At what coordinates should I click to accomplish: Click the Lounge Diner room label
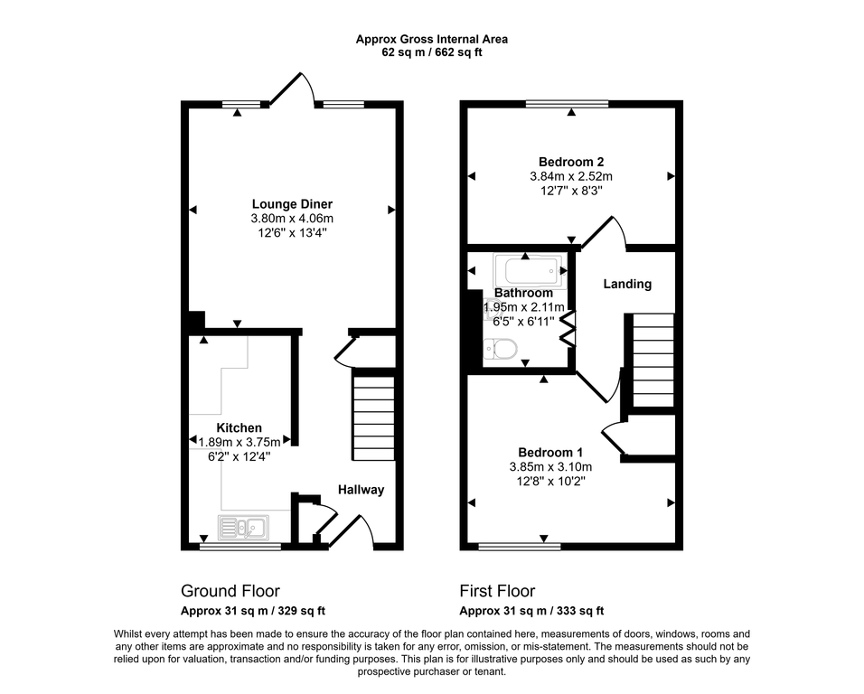click(x=292, y=204)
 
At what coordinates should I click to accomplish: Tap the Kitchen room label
click(x=239, y=427)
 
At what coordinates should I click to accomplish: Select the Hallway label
click(x=362, y=490)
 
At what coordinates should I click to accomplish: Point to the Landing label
click(x=627, y=284)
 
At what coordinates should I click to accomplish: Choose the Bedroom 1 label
click(x=550, y=452)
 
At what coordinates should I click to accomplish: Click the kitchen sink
click(x=243, y=527)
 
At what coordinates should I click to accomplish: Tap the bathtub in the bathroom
click(x=528, y=270)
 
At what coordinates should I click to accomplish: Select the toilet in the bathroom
click(x=500, y=348)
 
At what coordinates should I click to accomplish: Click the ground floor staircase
click(x=373, y=417)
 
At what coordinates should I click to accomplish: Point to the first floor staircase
click(x=653, y=360)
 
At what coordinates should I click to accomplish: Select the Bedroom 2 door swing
click(x=604, y=232)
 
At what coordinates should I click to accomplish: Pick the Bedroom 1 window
click(x=513, y=546)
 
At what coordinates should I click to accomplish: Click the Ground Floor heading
click(x=230, y=591)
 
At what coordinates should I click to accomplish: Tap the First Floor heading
click(x=497, y=591)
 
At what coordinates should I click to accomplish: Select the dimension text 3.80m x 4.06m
click(x=292, y=219)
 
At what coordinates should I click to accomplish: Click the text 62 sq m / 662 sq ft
click(x=432, y=52)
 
